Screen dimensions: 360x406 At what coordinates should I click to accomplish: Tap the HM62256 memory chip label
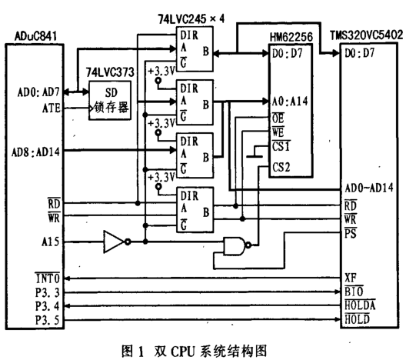click(290, 36)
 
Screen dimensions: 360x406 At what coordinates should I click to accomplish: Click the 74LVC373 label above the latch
click(106, 71)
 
